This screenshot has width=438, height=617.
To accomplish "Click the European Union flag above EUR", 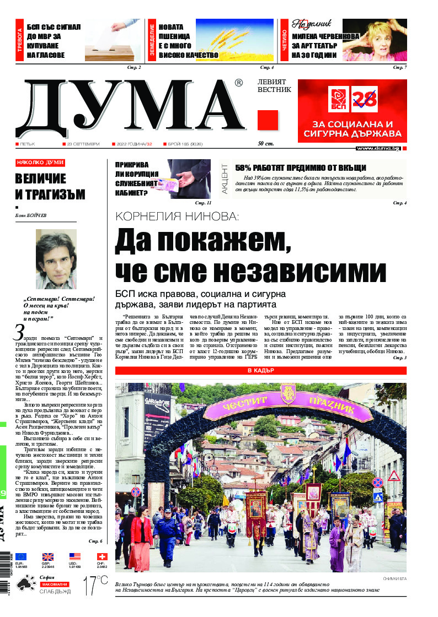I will [20, 557].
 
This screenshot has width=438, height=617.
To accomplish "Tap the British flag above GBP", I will [47, 557].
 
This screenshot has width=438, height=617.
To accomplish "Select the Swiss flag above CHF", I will [102, 557].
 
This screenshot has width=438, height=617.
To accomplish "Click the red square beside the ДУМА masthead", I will [268, 120].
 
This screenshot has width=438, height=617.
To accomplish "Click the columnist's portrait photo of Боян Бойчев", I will [56, 259].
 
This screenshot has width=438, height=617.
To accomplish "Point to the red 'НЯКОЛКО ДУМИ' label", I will [40, 163].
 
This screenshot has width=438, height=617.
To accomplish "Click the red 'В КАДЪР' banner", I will [260, 371].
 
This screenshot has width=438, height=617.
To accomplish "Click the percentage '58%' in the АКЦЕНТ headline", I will [245, 168].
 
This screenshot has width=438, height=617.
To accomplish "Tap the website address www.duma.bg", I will [378, 148].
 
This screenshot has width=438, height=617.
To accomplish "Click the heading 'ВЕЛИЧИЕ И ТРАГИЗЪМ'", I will [41, 186].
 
